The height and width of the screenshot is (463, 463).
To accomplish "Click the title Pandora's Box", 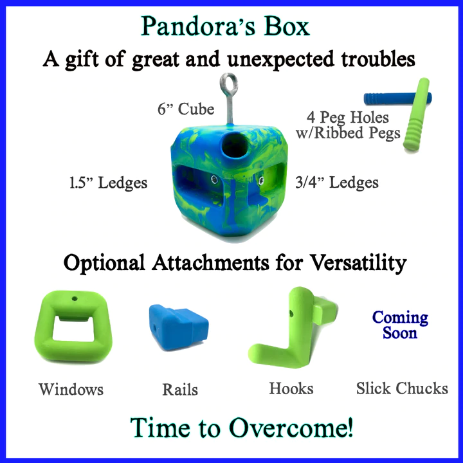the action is [x=225, y=26].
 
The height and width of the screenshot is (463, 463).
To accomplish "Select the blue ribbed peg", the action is [x=397, y=98].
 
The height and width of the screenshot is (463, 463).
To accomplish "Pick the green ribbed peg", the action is [x=416, y=114].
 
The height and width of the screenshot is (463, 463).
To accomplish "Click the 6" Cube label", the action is [x=186, y=109].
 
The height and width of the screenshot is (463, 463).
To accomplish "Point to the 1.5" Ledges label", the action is [x=108, y=183].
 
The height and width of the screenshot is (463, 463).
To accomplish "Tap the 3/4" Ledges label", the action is [x=337, y=182].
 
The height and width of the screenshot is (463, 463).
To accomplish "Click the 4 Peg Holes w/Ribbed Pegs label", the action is [x=348, y=125].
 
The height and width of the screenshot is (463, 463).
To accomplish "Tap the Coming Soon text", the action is [x=400, y=325].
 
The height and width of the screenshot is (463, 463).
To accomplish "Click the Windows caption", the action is [x=71, y=389].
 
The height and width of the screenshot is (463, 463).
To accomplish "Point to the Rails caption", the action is [x=180, y=389].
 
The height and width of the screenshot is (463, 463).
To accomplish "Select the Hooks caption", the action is [x=291, y=388].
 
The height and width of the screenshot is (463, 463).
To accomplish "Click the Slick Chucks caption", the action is [x=402, y=388].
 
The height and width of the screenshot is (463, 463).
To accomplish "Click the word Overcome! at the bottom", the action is [x=291, y=428].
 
